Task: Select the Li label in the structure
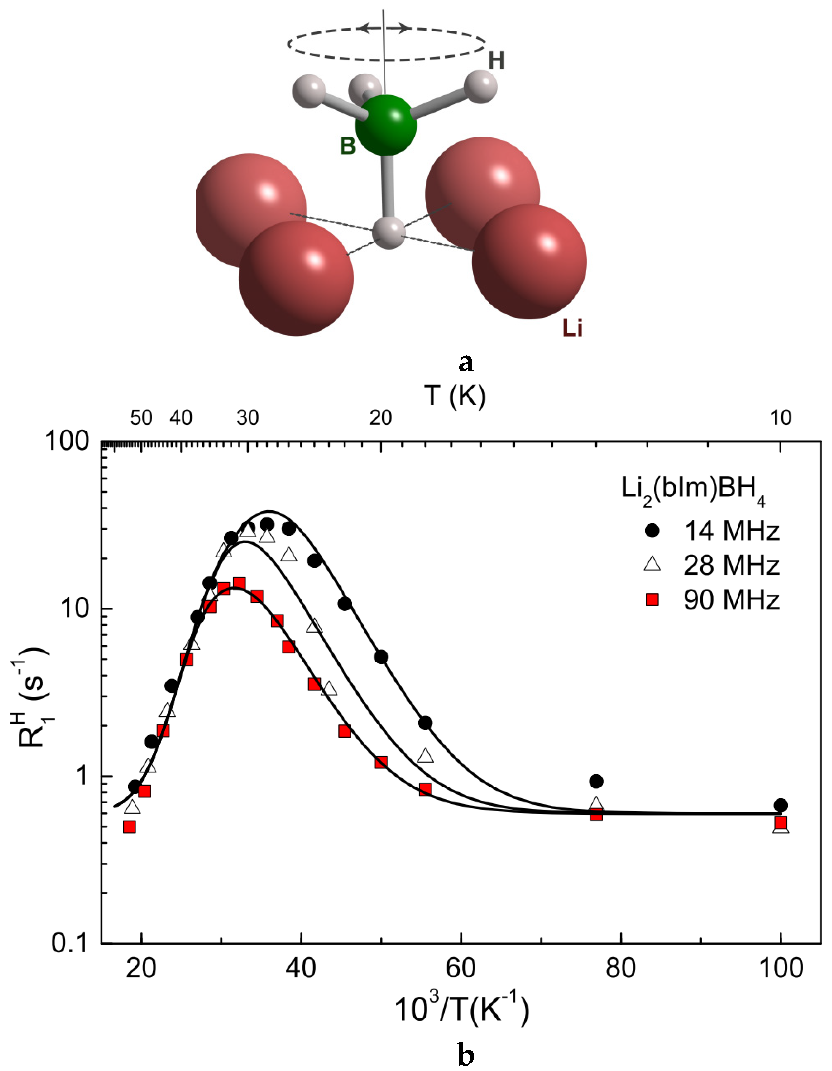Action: coord(572,328)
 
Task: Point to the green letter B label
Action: coord(348,146)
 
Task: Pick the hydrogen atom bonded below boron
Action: coord(388,232)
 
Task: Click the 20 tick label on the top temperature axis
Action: coord(381,417)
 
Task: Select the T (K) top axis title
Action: coord(455,395)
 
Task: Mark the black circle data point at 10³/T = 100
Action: coord(781,805)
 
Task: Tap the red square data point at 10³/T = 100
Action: coord(781,822)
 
